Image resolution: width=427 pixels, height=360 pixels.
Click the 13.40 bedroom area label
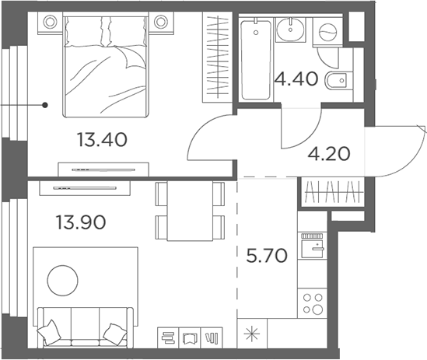pyautogui.click(x=102, y=139)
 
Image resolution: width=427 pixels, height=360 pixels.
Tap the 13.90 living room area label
pyautogui.click(x=81, y=222)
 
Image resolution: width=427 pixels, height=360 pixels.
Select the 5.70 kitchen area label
pyautogui.click(x=267, y=256)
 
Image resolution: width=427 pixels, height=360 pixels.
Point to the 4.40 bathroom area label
pyautogui.click(x=296, y=79)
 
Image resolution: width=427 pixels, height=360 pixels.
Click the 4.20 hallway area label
pyautogui.click(x=329, y=154)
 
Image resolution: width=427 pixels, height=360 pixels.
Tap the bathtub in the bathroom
pyautogui.click(x=256, y=58)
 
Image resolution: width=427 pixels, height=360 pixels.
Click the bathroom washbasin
pyautogui.click(x=290, y=29)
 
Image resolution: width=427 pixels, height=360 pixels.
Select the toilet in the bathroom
pyautogui.click(x=335, y=81)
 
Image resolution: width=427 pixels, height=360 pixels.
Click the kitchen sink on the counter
pyautogui.click(x=313, y=246)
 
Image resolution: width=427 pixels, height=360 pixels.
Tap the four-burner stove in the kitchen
pyautogui.click(x=313, y=303)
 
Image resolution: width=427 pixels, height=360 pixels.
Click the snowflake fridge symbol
pyautogui.click(x=252, y=334)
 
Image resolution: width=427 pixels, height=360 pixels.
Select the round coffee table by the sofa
pyautogui.click(x=63, y=281)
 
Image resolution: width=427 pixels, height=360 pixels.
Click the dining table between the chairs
pyautogui.click(x=190, y=211)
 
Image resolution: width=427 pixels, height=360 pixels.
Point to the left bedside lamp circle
pyautogui.click(x=50, y=22)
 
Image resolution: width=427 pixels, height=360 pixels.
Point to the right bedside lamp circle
pyautogui.click(x=160, y=22)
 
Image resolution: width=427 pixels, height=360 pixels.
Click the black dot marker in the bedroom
pyautogui.click(x=45, y=105)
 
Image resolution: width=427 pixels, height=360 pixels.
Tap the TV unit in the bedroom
pyautogui.click(x=103, y=170)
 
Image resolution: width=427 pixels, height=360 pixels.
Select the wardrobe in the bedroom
pyautogui.click(x=217, y=57)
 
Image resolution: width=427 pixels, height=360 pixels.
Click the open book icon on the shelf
pyautogui.click(x=190, y=338)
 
